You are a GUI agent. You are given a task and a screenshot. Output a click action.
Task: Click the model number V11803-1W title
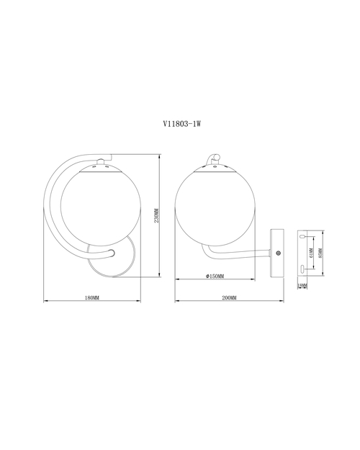tap(181, 124)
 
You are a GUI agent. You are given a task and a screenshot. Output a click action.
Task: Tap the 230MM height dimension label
tap(156, 215)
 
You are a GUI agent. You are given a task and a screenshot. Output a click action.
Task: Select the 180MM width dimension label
tap(92, 298)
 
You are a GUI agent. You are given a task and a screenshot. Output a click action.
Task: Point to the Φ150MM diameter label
tap(215, 276)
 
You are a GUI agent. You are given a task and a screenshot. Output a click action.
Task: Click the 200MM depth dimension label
tap(229, 298)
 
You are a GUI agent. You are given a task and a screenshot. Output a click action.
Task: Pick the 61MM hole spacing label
tap(312, 253)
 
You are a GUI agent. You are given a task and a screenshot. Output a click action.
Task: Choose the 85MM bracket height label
tap(320, 253)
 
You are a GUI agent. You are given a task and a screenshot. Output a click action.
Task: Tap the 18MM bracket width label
tap(302, 286)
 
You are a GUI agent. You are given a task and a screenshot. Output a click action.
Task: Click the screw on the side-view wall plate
tap(278, 253)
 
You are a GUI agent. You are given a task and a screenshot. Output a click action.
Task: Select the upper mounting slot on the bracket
tap(302, 237)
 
